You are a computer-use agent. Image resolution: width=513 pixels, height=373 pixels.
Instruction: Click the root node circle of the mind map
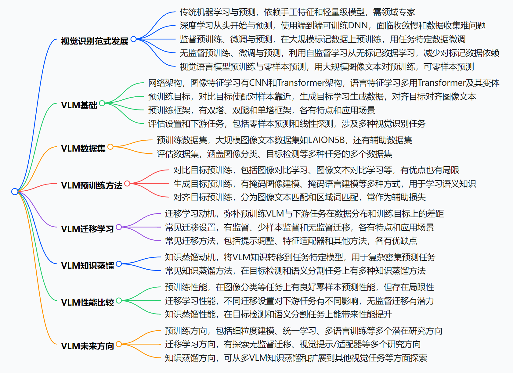click(15, 191)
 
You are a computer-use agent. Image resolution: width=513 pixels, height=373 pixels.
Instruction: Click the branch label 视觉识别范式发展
click(95, 41)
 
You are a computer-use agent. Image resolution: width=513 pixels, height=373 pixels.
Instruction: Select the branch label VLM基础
click(79, 105)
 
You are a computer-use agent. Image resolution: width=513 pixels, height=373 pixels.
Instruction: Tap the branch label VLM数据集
click(83, 148)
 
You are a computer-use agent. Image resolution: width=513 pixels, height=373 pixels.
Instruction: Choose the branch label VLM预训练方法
click(92, 185)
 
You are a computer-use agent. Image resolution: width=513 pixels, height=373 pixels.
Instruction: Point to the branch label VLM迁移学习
click(87, 229)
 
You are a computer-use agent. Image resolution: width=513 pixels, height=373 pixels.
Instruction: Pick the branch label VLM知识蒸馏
click(87, 265)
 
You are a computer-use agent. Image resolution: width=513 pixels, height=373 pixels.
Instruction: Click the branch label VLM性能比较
click(87, 302)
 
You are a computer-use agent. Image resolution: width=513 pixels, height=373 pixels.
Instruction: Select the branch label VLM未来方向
click(87, 346)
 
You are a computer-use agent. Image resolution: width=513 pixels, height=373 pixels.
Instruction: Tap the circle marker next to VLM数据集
click(110, 147)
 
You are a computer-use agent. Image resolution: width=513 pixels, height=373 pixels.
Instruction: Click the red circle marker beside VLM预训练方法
click(127, 183)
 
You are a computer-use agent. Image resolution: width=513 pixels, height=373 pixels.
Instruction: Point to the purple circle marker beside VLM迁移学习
click(119, 227)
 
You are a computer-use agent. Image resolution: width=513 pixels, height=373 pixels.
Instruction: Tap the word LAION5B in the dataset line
click(326, 140)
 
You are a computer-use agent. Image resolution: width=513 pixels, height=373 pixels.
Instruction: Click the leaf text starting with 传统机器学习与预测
click(297, 12)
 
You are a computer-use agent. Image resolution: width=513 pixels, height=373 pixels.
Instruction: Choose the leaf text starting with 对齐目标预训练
click(299, 197)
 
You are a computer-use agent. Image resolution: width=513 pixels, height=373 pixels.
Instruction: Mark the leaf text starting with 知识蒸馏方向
click(296, 358)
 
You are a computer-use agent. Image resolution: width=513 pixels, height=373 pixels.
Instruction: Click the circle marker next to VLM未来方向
click(119, 344)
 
